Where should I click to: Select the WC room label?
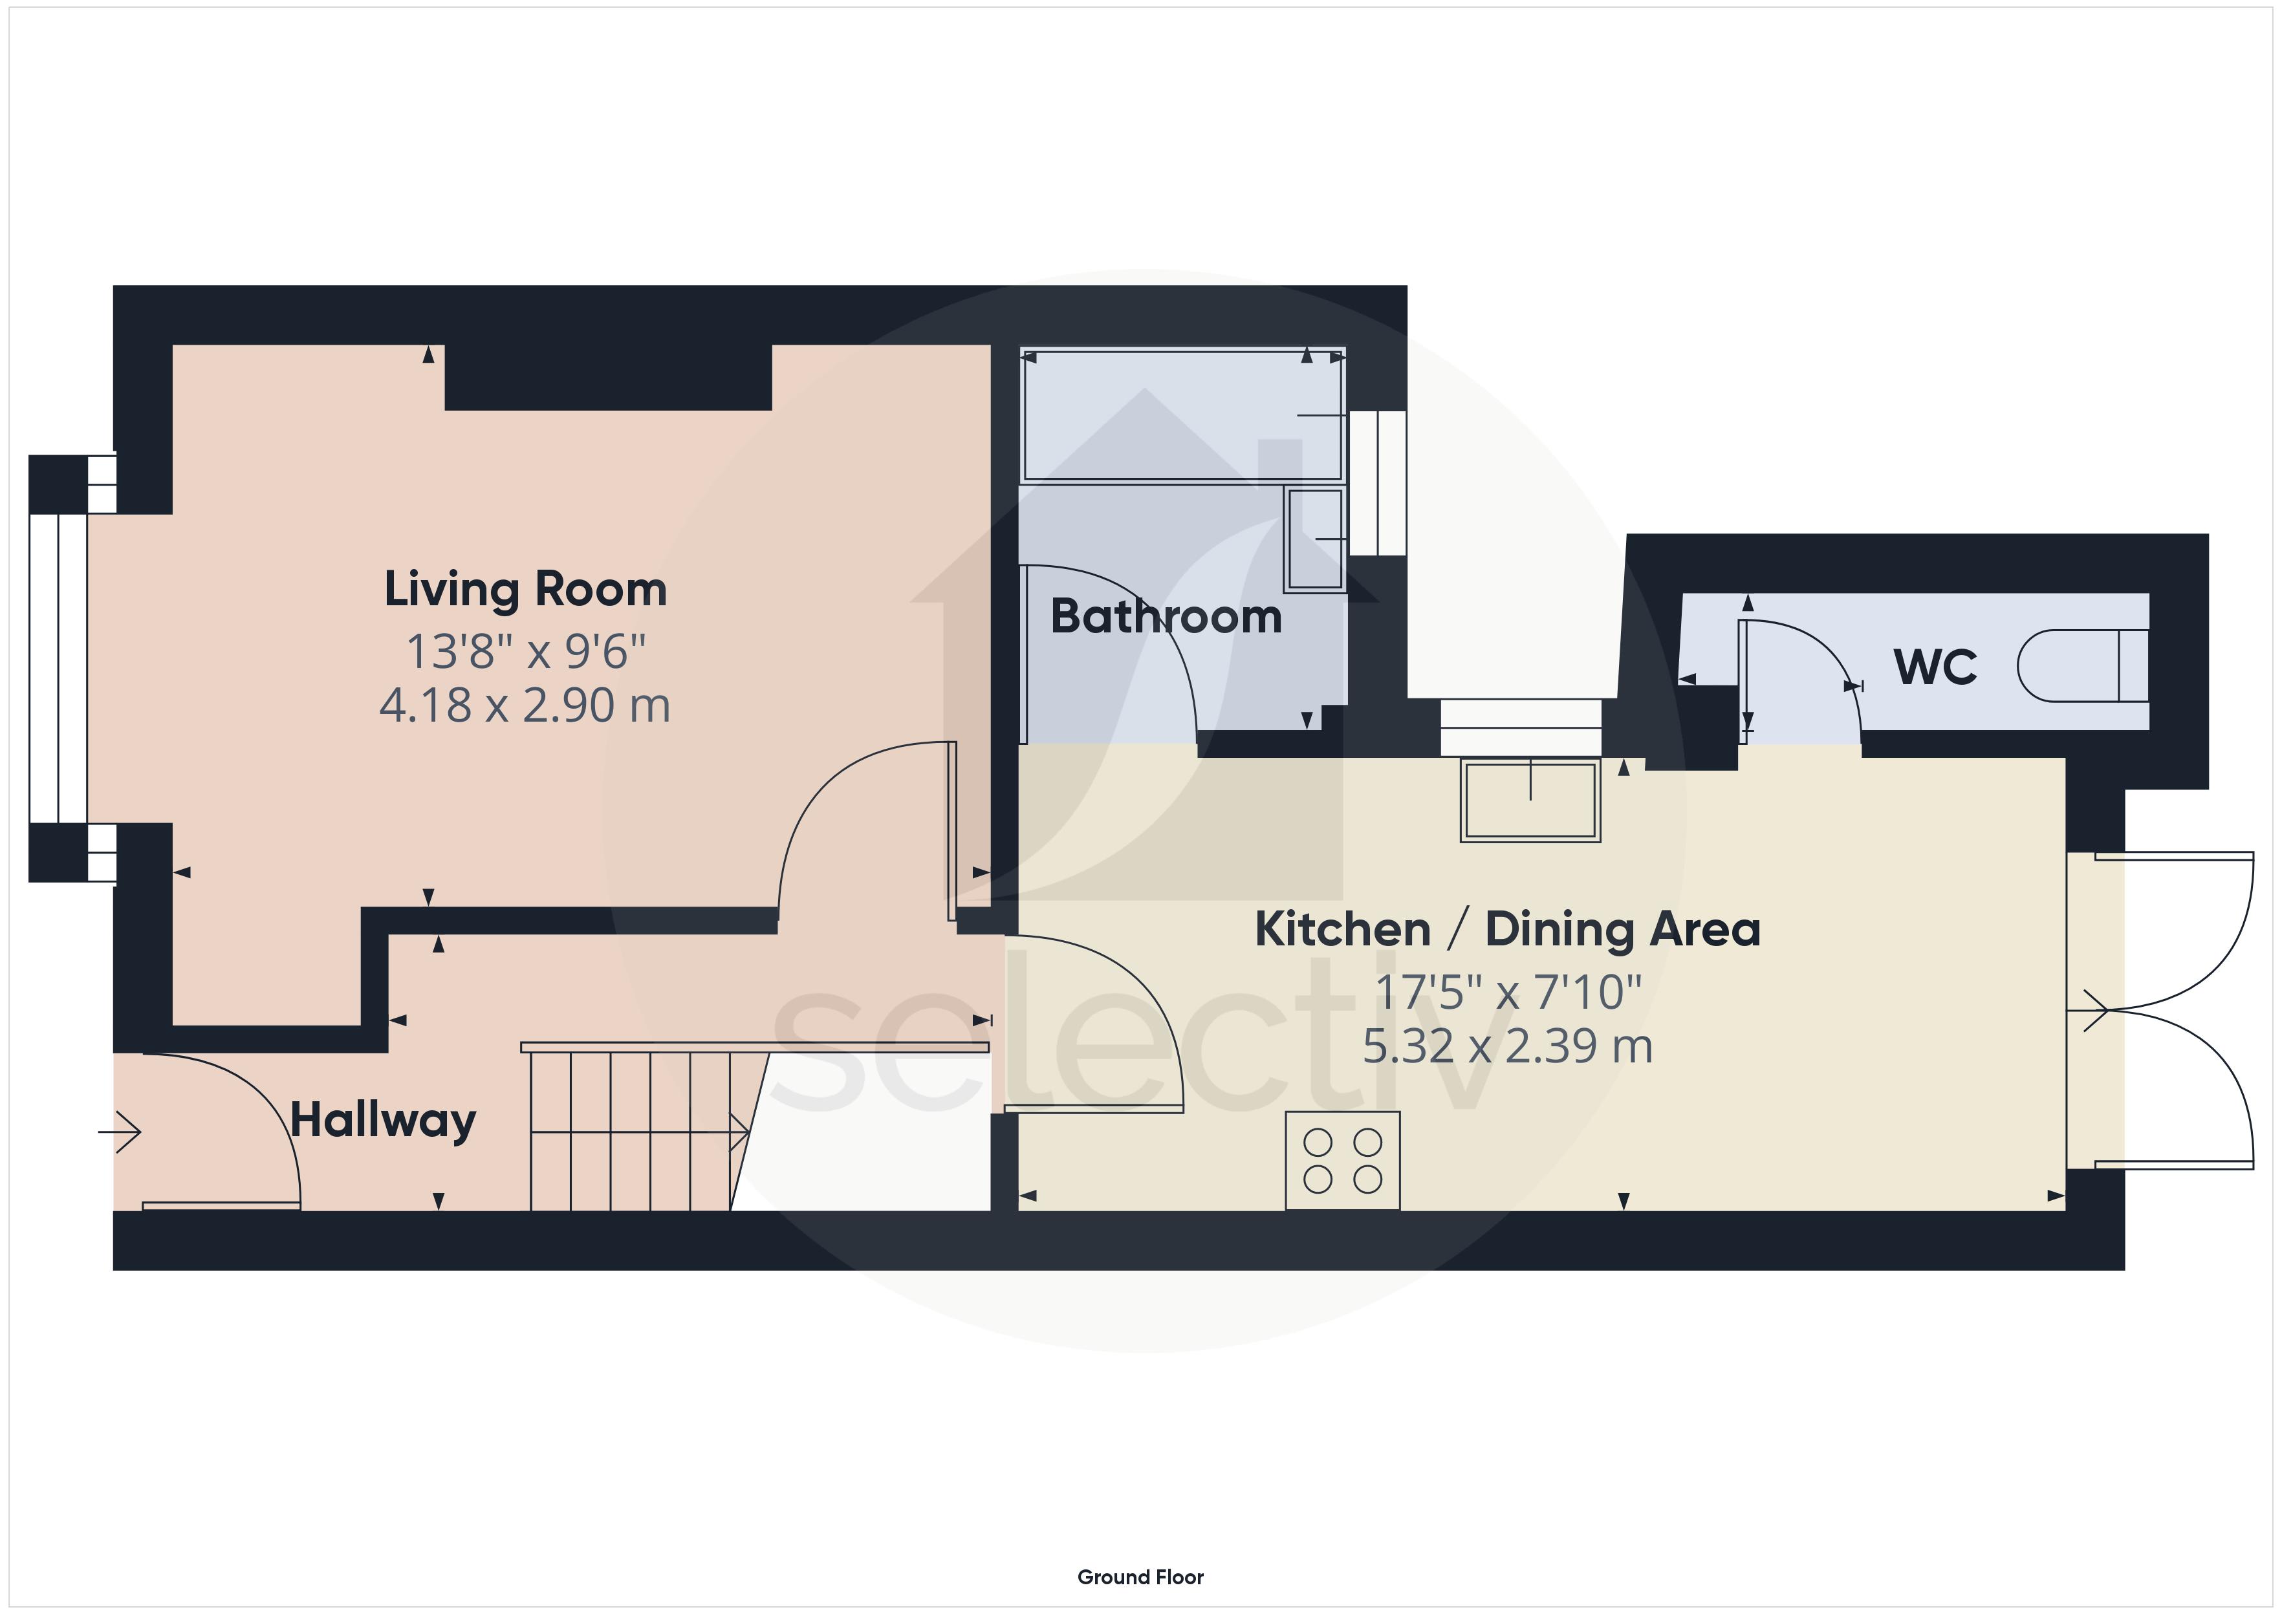click(x=1935, y=667)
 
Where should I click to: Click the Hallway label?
click(x=383, y=1122)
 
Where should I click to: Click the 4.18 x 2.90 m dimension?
click(x=525, y=705)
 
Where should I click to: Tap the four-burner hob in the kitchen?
click(x=1343, y=1160)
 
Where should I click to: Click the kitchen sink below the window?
click(x=1530, y=800)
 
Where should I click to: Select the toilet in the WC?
click(x=2082, y=666)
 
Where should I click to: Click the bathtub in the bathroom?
click(x=1183, y=414)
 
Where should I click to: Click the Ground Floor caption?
click(x=1140, y=1576)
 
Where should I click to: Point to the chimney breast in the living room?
click(x=608, y=377)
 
